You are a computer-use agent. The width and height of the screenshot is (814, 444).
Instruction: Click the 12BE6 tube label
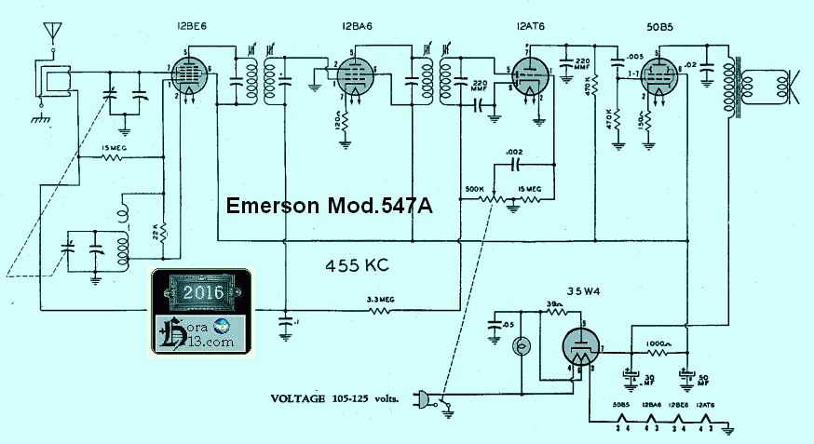click(189, 27)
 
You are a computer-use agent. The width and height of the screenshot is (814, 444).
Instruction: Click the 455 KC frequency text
click(357, 265)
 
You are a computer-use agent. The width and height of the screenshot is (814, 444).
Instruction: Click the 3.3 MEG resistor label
click(382, 298)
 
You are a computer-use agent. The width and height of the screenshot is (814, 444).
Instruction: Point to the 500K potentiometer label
click(475, 189)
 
